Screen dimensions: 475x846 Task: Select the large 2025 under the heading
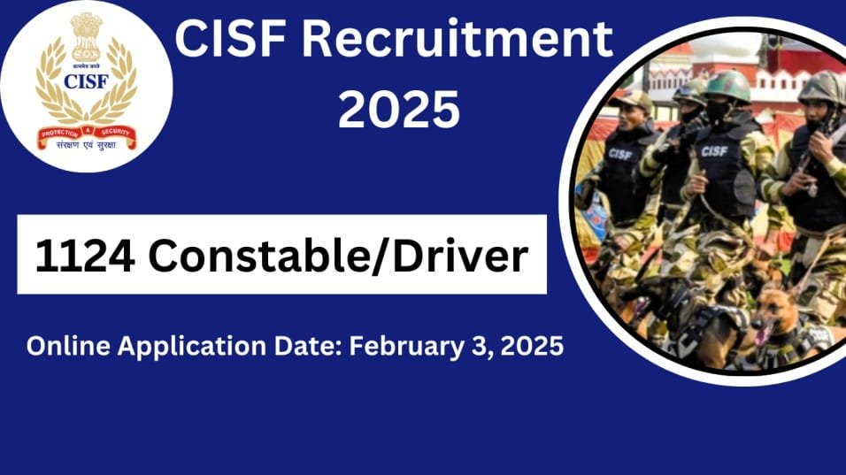(399, 111)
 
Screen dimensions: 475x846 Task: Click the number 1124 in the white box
(85, 256)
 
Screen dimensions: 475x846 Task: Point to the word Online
(66, 346)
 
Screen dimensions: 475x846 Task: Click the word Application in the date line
(186, 346)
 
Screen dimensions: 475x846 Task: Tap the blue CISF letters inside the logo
(86, 82)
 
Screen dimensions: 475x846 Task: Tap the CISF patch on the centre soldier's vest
(714, 151)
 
